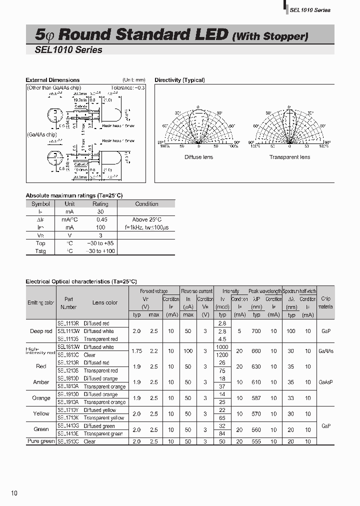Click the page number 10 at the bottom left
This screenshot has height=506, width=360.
tap(14, 493)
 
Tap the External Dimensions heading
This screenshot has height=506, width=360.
tap(52, 80)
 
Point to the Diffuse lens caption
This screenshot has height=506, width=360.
tap(198, 157)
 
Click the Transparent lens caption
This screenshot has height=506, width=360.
tap(289, 157)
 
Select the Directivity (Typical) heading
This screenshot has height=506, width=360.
tap(179, 80)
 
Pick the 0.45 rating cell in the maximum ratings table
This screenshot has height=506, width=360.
tap(100, 219)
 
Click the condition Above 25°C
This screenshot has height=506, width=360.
tap(146, 219)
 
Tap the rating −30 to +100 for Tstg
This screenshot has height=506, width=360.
tap(100, 251)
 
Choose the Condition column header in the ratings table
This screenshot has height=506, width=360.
tap(146, 204)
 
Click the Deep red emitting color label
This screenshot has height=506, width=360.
tap(41, 331)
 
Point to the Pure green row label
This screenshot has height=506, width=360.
tap(41, 441)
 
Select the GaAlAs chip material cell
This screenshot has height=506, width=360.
tap(325, 351)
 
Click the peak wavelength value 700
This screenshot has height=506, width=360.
tap(256, 331)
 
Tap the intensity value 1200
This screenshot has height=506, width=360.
tap(222, 354)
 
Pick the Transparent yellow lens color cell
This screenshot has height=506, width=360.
tap(104, 417)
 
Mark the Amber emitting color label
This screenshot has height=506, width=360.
tap(41, 382)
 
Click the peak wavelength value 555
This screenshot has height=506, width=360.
tap(256, 441)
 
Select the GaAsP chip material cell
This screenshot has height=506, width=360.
tap(325, 382)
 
